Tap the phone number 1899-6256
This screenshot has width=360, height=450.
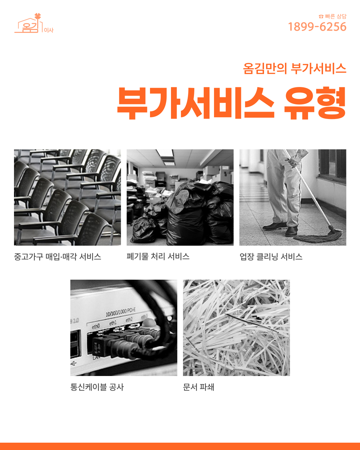coord(317,27)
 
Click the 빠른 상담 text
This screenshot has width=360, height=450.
coord(336,16)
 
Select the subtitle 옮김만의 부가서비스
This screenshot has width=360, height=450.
coord(295,68)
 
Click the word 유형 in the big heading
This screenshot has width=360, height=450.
coord(315,103)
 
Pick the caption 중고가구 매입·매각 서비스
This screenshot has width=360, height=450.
coord(58,257)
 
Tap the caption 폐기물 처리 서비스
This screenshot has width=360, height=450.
coord(158,256)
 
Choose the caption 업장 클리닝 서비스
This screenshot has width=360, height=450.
coord(271,257)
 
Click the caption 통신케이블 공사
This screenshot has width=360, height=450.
coord(97,387)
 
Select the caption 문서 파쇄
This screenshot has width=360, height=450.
coord(198,387)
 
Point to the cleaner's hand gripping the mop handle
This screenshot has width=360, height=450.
coord(292,162)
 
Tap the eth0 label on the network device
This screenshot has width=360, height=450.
coord(96,326)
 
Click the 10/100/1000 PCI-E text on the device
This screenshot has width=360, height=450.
coord(120,312)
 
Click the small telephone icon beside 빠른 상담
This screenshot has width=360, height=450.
coord(321,17)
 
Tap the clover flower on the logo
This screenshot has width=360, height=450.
coord(38,16)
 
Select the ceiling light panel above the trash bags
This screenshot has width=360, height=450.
coord(165,153)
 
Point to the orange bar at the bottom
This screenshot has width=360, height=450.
coord(180,446)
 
